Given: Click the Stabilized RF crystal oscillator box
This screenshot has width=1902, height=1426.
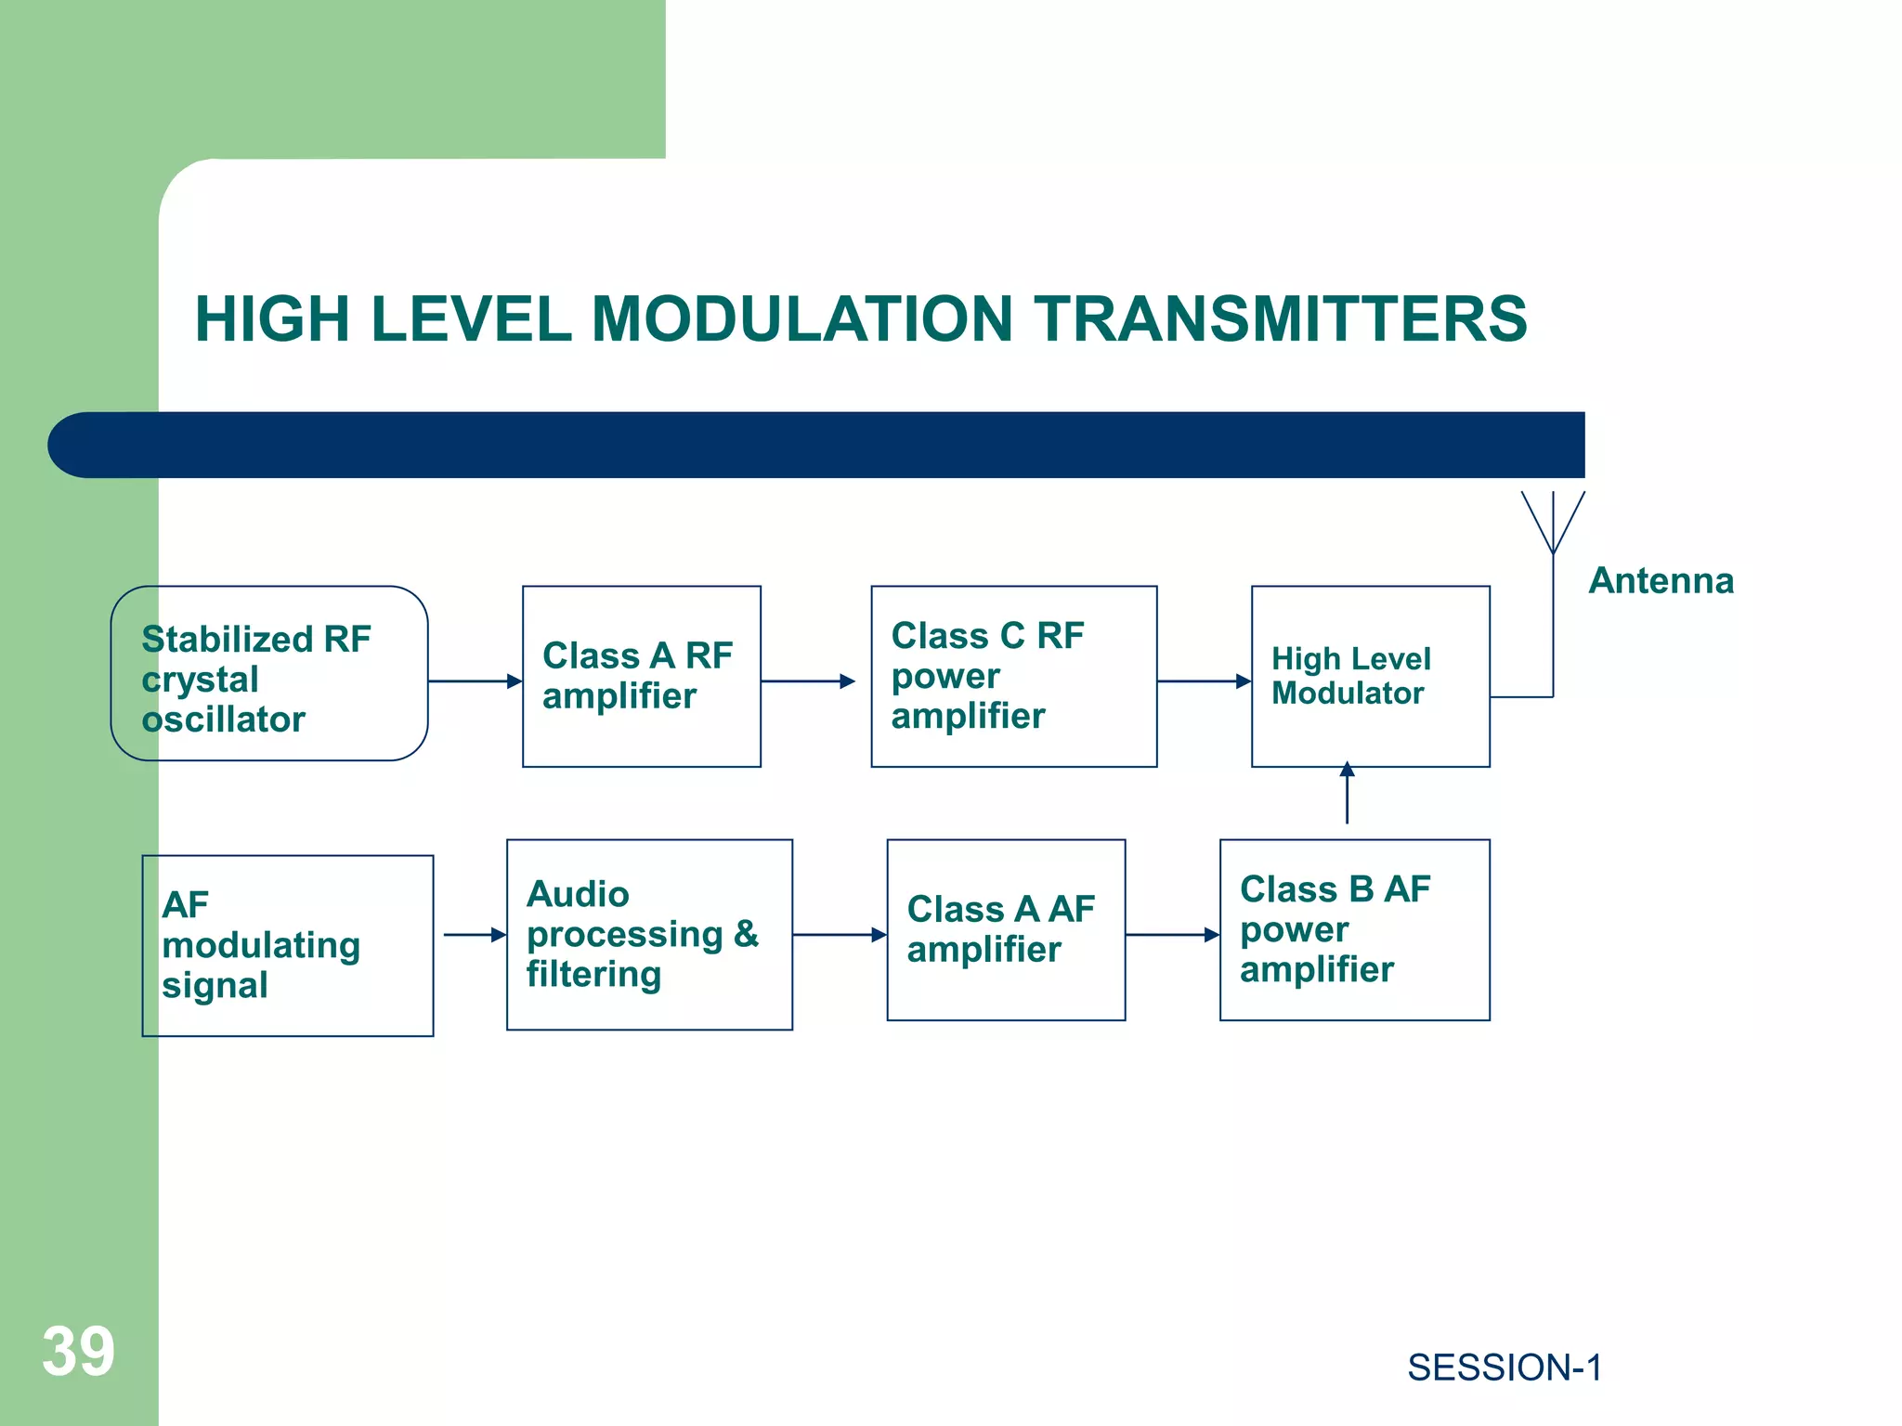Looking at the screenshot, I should point(268,674).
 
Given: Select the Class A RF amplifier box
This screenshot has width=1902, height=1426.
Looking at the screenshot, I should point(641,676).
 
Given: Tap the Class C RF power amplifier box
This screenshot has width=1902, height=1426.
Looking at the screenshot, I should point(1013,676).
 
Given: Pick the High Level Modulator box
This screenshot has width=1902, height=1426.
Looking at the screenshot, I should point(1370,676).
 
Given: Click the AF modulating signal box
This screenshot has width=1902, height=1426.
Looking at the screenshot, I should point(287,945).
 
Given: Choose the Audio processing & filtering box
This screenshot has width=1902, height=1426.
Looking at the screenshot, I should point(649,934).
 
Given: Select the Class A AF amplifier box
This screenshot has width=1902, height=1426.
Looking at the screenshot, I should point(1006,929).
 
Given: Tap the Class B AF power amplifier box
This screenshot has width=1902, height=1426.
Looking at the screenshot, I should point(1354,929).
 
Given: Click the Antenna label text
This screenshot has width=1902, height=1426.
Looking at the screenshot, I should point(1661,581).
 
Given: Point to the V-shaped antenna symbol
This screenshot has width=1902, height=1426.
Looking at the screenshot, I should point(1553,525).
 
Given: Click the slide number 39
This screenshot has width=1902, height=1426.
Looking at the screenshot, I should point(78,1352).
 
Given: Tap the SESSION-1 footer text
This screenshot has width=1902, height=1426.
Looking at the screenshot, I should point(1504,1368).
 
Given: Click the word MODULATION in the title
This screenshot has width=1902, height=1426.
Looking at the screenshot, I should point(801,319).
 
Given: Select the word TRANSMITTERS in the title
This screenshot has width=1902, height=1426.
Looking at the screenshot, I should point(1281,319).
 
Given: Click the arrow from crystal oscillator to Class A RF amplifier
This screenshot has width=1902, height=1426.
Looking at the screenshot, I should point(475,681).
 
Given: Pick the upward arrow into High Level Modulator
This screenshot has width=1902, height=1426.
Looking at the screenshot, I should point(1347,794).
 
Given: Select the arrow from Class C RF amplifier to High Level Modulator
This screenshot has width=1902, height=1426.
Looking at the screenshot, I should point(1204,681).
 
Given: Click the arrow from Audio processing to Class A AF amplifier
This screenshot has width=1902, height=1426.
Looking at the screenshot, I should point(839,935).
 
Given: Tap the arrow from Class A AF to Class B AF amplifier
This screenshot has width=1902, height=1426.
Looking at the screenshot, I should point(1172,935).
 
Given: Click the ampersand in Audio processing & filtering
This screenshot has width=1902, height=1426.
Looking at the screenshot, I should point(746,934).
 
